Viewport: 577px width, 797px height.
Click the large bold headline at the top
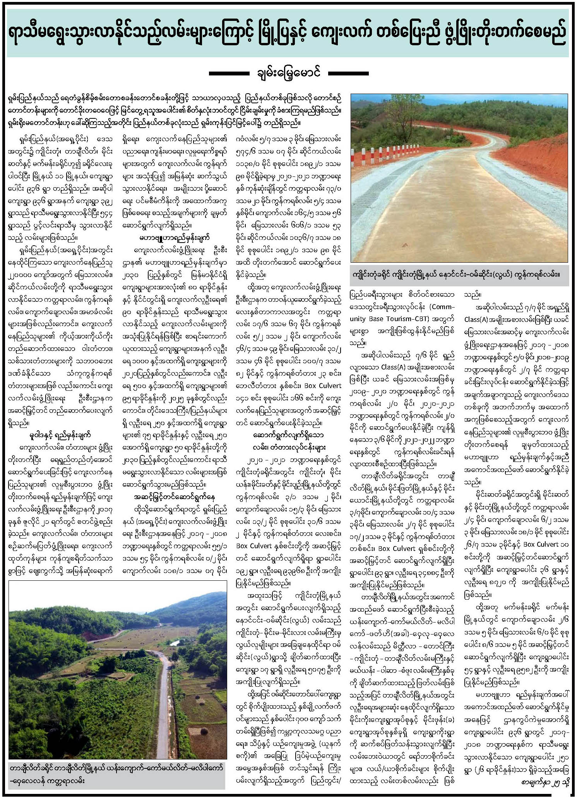288,33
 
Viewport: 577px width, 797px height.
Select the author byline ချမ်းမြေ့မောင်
288,73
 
